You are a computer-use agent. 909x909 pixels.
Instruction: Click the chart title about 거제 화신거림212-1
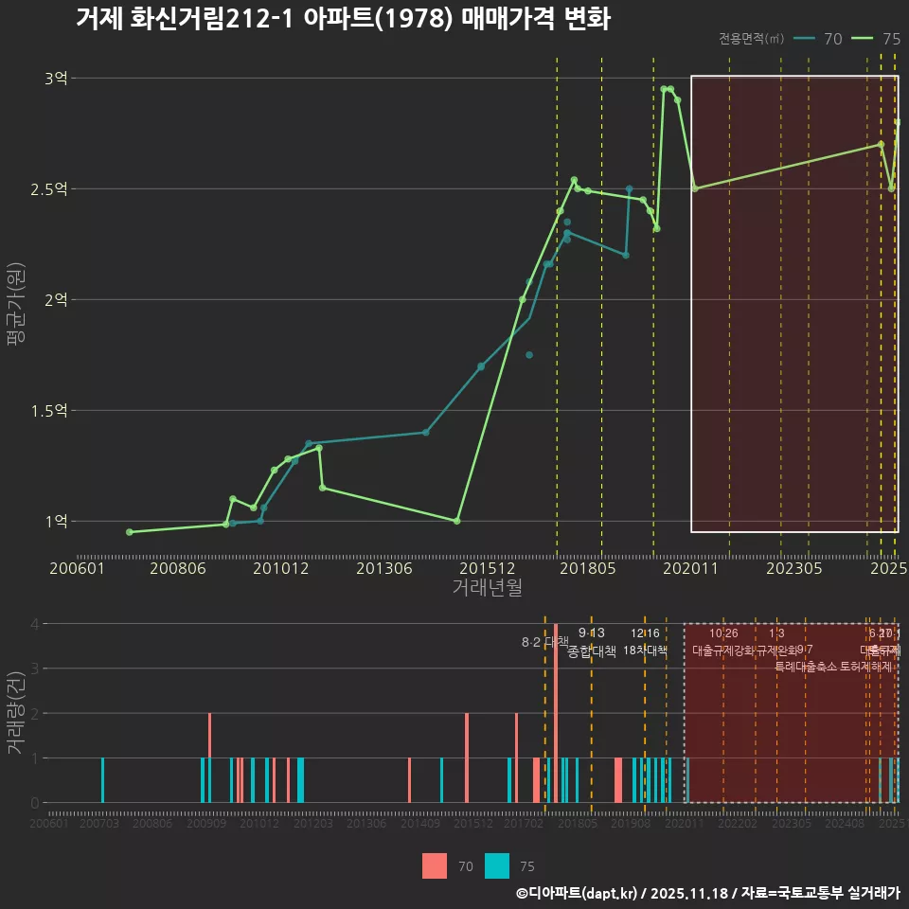[x=343, y=19]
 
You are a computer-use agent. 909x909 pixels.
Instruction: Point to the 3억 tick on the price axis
[x=56, y=79]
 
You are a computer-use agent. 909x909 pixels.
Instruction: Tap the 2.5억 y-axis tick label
[x=49, y=189]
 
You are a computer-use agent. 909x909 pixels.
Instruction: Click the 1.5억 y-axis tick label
[x=49, y=411]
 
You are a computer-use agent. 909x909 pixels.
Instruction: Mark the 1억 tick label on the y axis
[x=56, y=522]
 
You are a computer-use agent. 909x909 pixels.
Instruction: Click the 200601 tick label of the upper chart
[x=77, y=569]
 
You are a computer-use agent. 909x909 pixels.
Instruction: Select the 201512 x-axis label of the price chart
[x=487, y=569]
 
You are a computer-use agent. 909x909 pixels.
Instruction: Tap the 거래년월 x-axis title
[x=487, y=588]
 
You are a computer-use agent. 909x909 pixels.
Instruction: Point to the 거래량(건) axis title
[x=15, y=713]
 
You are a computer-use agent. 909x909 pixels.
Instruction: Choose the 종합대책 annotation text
[x=592, y=651]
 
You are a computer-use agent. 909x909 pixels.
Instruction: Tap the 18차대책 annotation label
[x=645, y=651]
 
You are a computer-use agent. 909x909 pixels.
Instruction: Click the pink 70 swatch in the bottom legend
[x=435, y=865]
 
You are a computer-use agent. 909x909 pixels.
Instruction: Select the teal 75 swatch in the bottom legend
[x=497, y=865]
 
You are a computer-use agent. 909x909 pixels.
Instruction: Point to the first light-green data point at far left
[x=130, y=532]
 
